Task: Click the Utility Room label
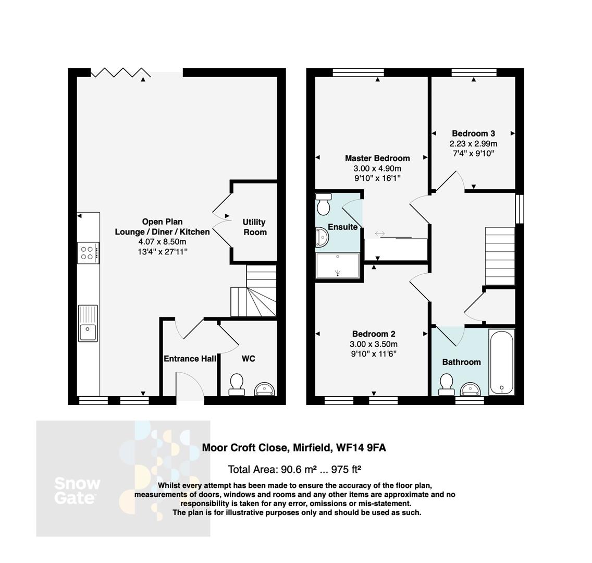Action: click(x=255, y=227)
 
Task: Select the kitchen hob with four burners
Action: click(x=88, y=253)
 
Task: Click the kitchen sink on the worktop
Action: click(x=88, y=324)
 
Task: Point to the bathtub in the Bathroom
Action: click(x=502, y=362)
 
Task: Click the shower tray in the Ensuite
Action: click(x=338, y=265)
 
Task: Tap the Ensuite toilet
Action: click(x=324, y=204)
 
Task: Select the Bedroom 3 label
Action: click(x=473, y=133)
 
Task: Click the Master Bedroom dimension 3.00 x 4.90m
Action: click(x=377, y=168)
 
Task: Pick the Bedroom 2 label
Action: click(x=374, y=334)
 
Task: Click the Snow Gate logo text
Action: click(x=77, y=491)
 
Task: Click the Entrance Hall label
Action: click(x=190, y=359)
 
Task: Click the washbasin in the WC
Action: click(x=265, y=389)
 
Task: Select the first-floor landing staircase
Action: click(x=500, y=255)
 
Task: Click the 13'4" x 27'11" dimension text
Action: click(x=163, y=252)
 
